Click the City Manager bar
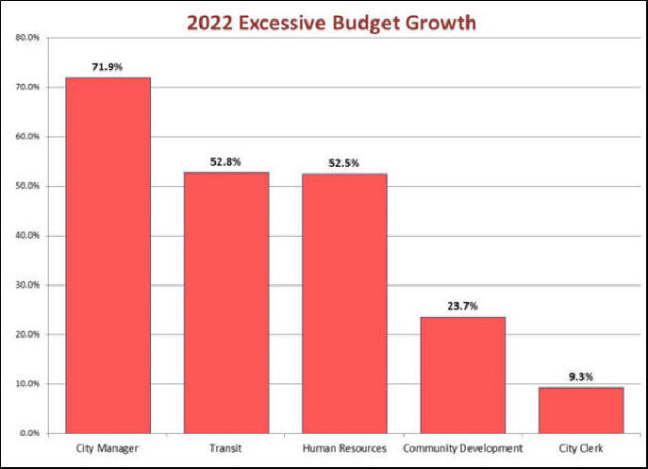[x=108, y=255]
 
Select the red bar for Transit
[x=225, y=302]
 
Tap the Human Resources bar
[x=344, y=303]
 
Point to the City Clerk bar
[x=581, y=410]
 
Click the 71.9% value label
[x=108, y=67]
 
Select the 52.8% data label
[x=225, y=161]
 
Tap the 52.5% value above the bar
[x=344, y=162]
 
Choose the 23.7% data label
[x=462, y=306]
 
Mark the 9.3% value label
[x=581, y=377]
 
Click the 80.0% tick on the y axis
[x=27, y=38]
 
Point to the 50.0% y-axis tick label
[x=27, y=186]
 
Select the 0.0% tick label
[x=29, y=433]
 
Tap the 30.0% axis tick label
[x=27, y=285]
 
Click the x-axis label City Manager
[x=108, y=448]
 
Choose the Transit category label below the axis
[x=225, y=448]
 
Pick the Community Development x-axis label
[x=462, y=448]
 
